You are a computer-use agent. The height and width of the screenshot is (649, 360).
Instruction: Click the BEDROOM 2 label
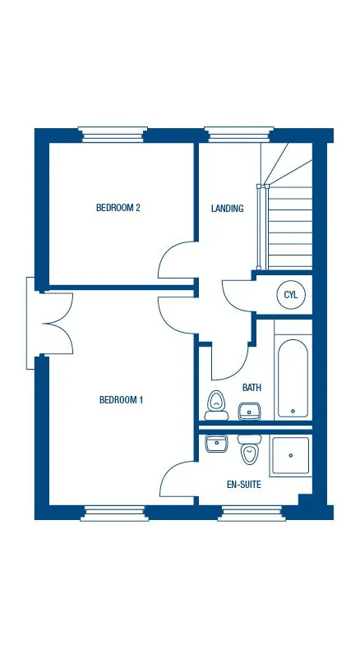118,208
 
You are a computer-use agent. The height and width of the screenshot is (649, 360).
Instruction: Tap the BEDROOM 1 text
122,400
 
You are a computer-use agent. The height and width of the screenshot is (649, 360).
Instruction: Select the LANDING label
227,209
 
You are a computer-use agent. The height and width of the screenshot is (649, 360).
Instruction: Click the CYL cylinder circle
290,294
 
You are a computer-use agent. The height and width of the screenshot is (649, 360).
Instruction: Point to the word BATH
252,387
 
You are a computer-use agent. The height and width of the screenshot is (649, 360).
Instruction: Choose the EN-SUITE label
244,485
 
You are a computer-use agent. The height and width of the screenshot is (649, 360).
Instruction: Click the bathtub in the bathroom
292,379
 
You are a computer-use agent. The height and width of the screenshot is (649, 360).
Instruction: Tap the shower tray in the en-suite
290,457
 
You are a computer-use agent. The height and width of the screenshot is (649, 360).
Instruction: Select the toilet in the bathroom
217,403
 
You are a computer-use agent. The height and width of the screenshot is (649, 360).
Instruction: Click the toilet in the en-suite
249,452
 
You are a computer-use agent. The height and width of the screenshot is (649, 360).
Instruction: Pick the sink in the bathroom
249,410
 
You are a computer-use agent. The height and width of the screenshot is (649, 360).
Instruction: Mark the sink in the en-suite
216,444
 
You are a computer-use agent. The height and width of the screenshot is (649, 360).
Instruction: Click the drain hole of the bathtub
292,411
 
